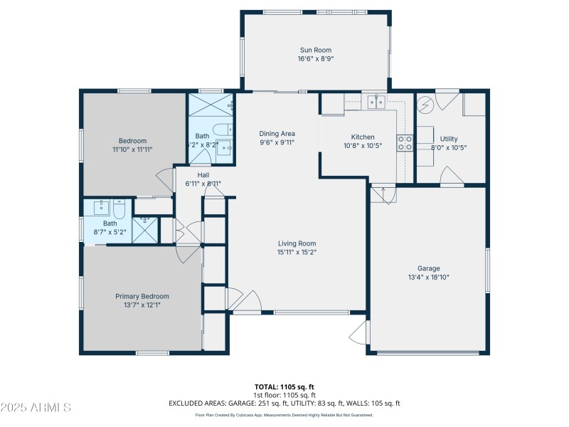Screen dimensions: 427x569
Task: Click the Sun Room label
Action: click(316, 50)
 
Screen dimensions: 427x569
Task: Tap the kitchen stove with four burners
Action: click(405, 143)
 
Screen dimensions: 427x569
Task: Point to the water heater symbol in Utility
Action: click(425, 105)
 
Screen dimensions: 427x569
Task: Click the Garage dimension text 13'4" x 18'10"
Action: click(428, 278)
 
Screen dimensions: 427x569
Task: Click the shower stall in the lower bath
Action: click(145, 230)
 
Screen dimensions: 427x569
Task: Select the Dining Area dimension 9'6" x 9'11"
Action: click(277, 142)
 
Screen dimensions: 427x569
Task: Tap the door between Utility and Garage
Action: click(450, 176)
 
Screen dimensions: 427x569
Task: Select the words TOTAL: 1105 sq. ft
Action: click(284, 387)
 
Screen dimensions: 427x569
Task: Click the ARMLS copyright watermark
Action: click(36, 408)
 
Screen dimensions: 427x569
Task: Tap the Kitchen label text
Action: click(362, 137)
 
